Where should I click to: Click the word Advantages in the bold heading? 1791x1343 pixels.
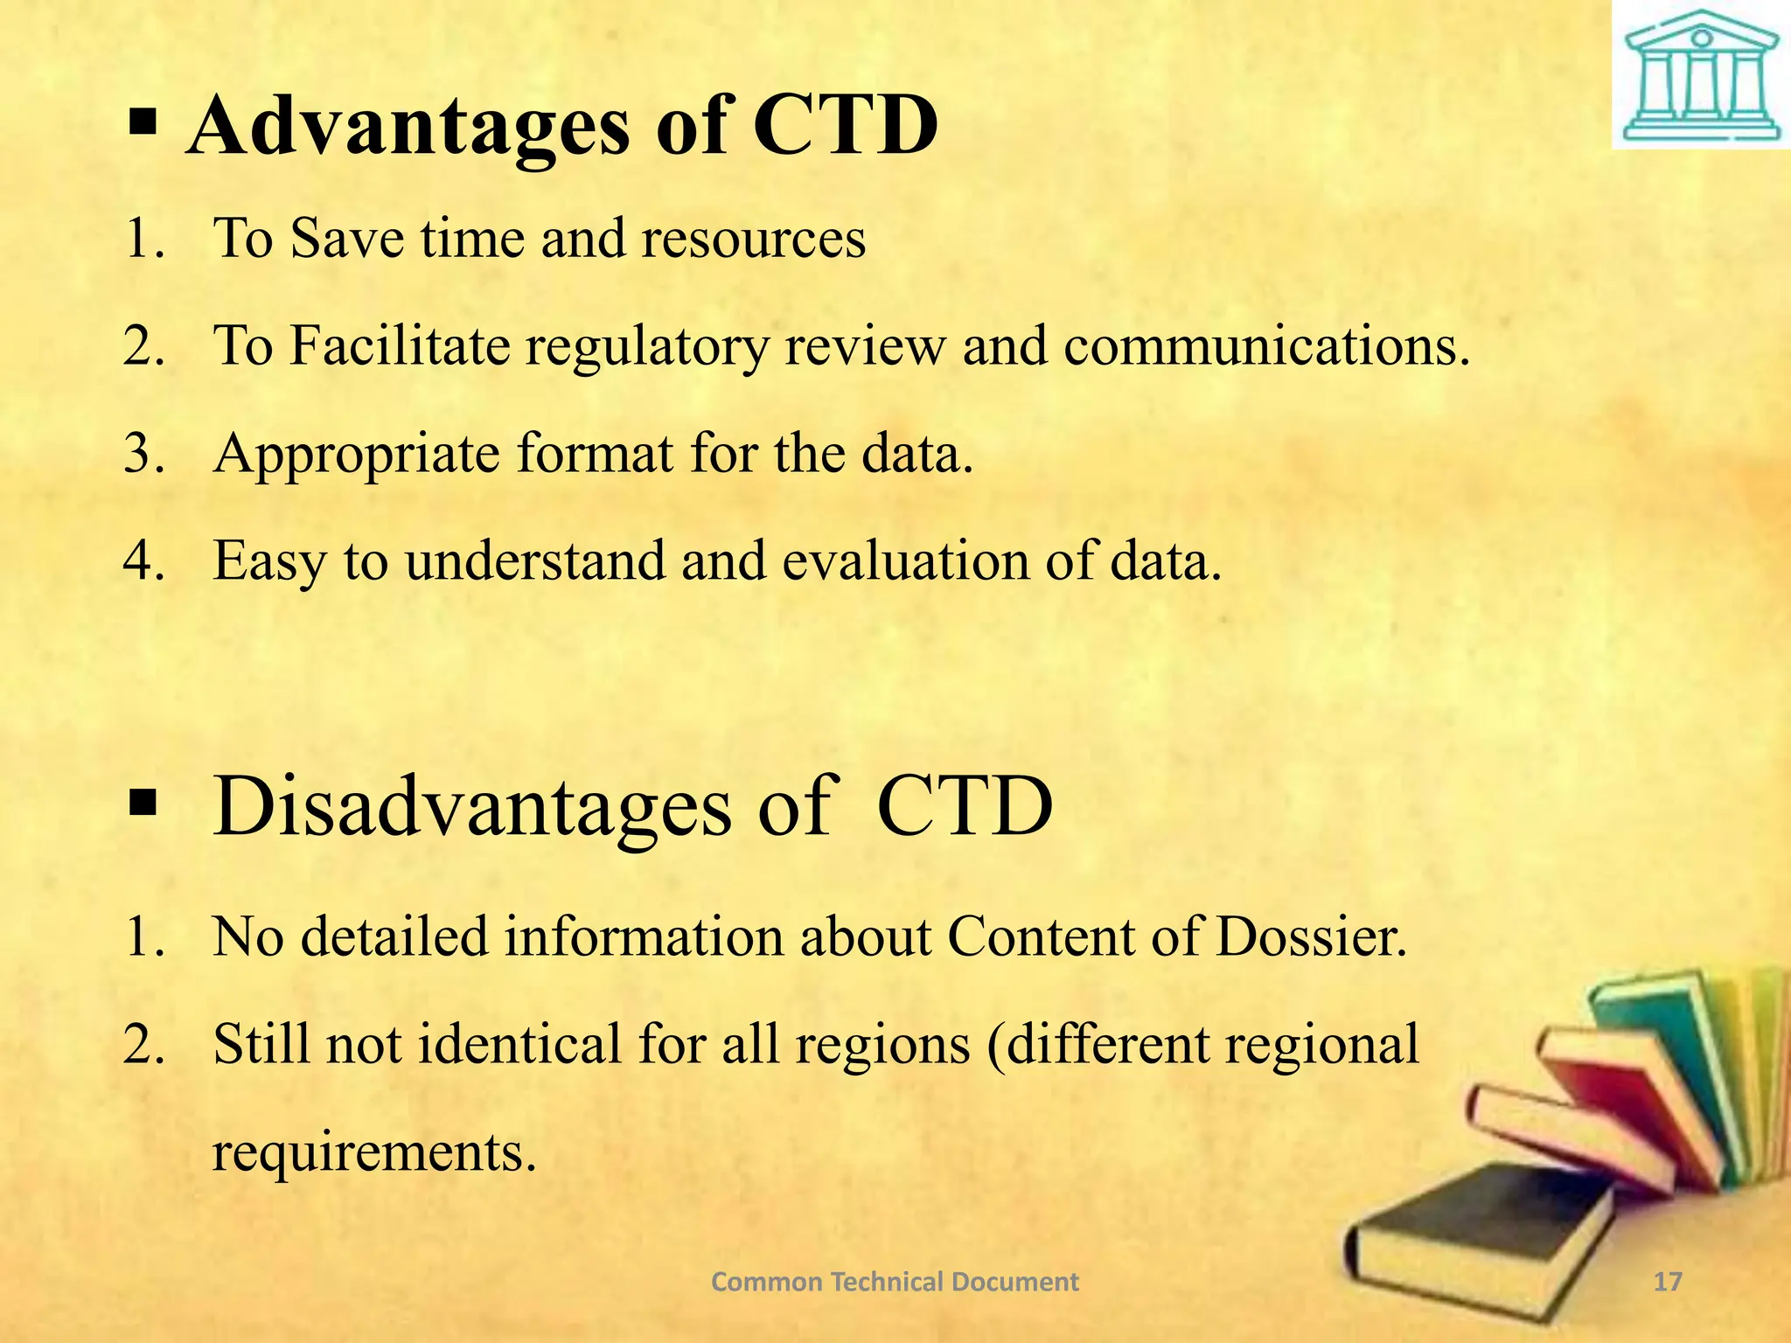tap(408, 128)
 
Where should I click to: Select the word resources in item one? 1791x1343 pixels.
tap(753, 238)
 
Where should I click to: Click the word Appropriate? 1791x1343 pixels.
tap(357, 454)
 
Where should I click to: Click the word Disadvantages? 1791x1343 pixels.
tap(472, 806)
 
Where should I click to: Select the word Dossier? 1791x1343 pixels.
tap(1311, 937)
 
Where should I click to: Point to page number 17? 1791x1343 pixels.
tap(1669, 1282)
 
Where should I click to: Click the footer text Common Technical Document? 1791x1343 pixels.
tap(895, 1282)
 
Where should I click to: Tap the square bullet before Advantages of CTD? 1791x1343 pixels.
tap(142, 123)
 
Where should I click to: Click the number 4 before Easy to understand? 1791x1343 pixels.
tap(141, 560)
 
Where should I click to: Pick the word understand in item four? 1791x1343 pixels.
tap(534, 560)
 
